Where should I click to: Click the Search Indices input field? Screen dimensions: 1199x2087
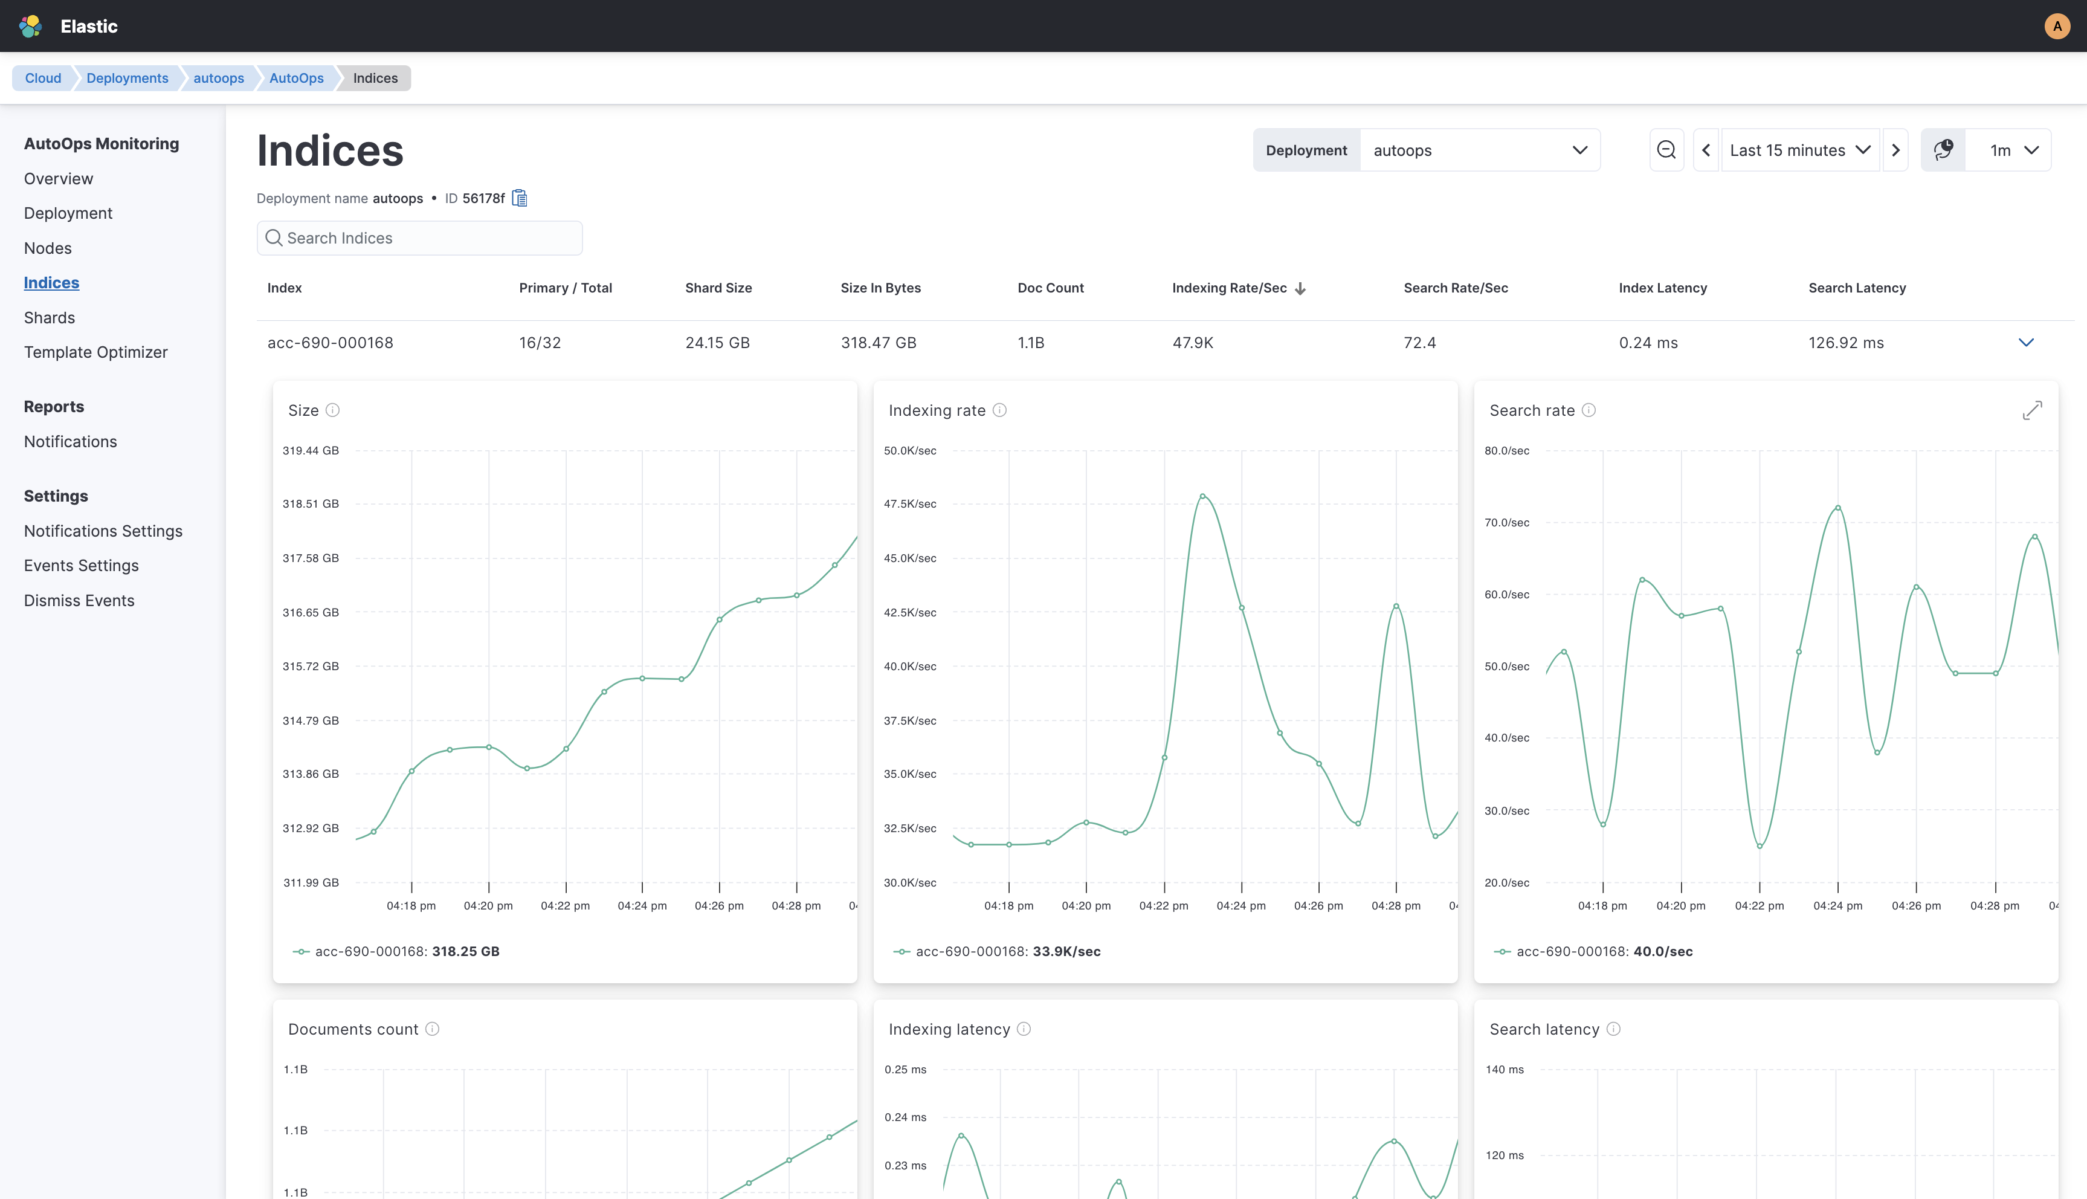(420, 238)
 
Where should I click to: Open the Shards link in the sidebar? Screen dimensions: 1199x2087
(50, 317)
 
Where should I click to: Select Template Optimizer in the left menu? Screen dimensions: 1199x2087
(95, 352)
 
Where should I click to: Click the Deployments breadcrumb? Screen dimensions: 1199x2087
(127, 78)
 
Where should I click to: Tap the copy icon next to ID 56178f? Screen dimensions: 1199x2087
(520, 198)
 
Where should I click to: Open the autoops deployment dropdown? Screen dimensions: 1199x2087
(1479, 150)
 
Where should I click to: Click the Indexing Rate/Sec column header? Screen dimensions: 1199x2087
(1229, 288)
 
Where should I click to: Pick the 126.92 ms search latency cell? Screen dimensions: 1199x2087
(1846, 343)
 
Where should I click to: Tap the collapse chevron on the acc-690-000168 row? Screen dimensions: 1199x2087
(2026, 343)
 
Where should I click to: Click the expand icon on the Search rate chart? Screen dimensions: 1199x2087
(2032, 410)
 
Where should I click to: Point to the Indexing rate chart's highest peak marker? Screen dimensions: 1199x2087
(1203, 496)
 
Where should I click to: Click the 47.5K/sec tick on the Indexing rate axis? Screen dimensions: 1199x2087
(910, 504)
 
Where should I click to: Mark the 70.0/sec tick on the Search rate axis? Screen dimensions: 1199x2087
(1506, 523)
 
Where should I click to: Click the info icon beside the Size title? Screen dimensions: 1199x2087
(332, 410)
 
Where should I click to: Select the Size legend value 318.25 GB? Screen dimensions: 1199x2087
(465, 951)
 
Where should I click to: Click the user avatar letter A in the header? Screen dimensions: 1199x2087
(2057, 27)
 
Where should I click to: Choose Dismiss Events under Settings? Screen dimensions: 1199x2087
(79, 600)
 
